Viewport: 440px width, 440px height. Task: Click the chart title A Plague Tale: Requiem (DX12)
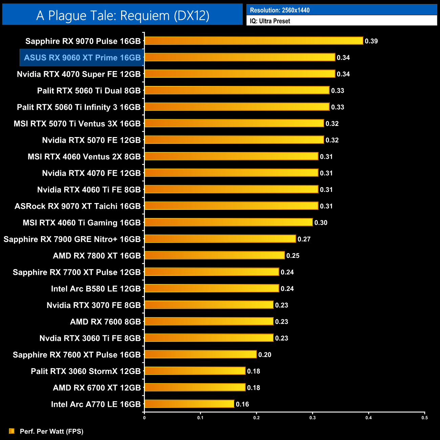[x=123, y=16]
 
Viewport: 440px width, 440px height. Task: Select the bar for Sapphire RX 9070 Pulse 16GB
[x=254, y=41]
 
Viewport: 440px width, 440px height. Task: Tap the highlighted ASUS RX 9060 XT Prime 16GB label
[x=82, y=58]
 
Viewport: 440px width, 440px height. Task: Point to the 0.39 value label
[x=371, y=41]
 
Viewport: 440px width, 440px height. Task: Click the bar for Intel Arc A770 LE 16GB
[x=189, y=404]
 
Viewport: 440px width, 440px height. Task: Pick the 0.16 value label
[x=242, y=404]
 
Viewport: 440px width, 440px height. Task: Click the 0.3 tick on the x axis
[x=312, y=418]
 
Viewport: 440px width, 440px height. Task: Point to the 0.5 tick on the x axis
[x=424, y=418]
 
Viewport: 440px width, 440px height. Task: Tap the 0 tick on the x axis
[x=145, y=418]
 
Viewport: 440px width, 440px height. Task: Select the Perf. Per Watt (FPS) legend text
[x=51, y=431]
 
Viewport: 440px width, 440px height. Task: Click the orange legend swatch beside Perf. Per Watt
[x=12, y=431]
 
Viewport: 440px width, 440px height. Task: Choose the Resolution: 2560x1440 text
[x=280, y=10]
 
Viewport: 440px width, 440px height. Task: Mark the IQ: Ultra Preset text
[x=270, y=21]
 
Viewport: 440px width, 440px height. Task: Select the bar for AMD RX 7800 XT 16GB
[x=215, y=255]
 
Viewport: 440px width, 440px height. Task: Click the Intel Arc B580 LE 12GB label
[x=96, y=289]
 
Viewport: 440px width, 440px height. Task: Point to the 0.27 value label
[x=304, y=239]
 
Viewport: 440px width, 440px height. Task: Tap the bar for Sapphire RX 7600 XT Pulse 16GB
[x=200, y=354]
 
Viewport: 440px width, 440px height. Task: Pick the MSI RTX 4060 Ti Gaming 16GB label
[x=82, y=223]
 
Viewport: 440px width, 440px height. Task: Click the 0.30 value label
[x=321, y=223]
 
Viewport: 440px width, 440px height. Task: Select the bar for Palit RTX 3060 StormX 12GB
[x=195, y=371]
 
